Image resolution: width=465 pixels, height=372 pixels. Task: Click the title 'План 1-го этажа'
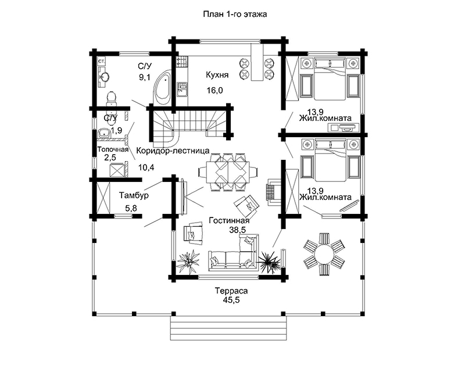click(235, 14)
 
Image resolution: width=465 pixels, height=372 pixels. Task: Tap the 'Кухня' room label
click(217, 75)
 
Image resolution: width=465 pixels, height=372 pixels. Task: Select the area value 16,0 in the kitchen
click(214, 90)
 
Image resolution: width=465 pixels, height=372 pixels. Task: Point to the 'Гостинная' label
click(229, 220)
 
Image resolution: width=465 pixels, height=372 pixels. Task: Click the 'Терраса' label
click(231, 291)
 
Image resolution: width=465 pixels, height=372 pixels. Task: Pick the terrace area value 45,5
click(231, 300)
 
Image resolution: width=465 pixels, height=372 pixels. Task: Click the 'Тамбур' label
click(134, 195)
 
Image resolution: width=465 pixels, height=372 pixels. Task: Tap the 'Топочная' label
click(113, 149)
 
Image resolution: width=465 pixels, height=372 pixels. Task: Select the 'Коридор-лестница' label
click(173, 151)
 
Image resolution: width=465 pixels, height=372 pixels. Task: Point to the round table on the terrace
click(324, 255)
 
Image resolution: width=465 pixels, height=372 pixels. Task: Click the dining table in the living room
click(228, 172)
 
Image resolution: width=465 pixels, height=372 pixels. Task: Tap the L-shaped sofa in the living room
click(234, 253)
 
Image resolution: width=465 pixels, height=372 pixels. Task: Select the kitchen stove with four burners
click(183, 62)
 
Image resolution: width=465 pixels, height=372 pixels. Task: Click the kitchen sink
click(183, 90)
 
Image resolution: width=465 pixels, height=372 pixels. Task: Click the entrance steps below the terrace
click(228, 328)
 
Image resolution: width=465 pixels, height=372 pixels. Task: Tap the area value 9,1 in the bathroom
click(145, 78)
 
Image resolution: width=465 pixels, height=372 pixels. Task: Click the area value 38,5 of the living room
click(238, 230)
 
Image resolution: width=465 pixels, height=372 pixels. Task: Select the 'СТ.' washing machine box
click(102, 62)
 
